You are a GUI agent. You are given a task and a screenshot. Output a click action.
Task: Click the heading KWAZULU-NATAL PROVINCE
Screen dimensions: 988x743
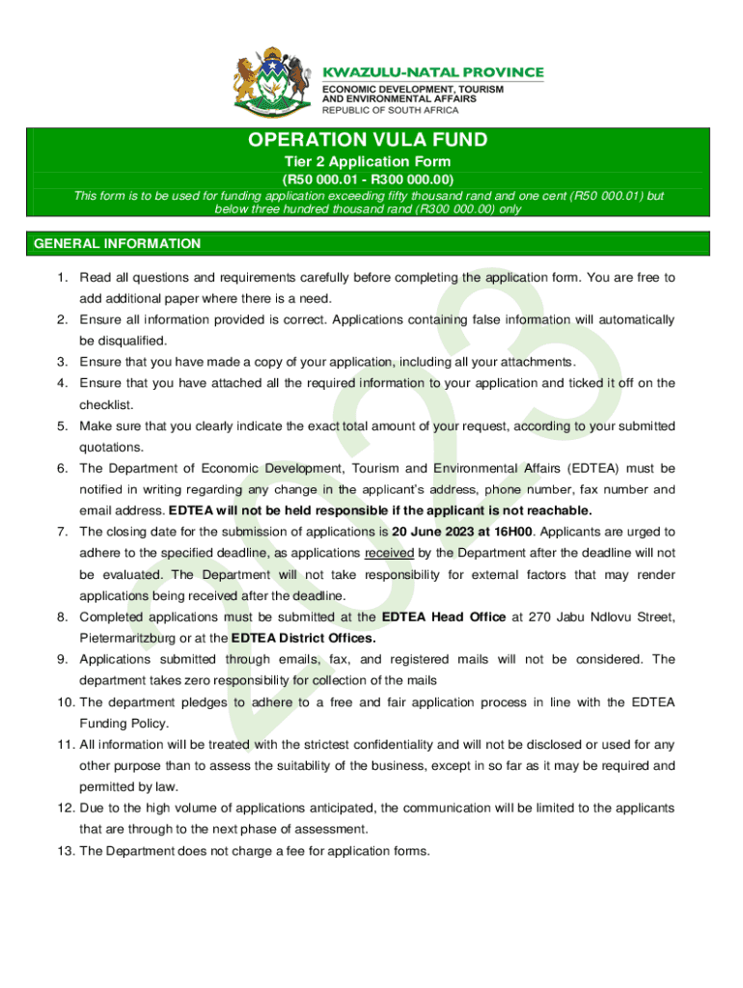tap(432, 72)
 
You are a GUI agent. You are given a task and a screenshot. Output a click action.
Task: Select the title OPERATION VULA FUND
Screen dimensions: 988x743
tap(368, 140)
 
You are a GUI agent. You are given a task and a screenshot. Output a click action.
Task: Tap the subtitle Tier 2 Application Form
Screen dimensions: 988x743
tap(367, 162)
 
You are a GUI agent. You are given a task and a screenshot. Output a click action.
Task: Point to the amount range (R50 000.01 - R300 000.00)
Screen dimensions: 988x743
tap(367, 179)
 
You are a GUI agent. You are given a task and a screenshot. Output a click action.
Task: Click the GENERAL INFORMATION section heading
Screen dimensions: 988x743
tap(118, 244)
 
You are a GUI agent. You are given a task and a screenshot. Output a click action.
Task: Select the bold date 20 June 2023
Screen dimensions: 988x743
tap(431, 532)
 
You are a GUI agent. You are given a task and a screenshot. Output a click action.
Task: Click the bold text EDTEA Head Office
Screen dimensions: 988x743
tap(444, 617)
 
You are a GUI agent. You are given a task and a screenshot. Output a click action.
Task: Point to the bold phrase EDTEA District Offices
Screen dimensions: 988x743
tap(304, 638)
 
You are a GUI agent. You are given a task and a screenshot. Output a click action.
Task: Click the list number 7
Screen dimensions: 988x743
tap(62, 532)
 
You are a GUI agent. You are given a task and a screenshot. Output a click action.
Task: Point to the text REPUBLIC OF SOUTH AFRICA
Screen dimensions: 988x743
tap(390, 110)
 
